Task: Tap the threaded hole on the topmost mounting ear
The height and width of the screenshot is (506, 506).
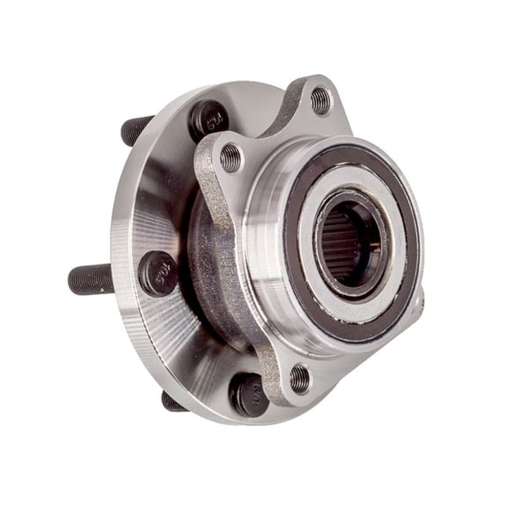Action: (321, 100)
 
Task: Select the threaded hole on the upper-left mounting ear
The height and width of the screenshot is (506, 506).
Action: (230, 158)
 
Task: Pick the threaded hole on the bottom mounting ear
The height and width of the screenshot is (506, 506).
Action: (300, 378)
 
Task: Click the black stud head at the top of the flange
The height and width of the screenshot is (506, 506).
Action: (209, 119)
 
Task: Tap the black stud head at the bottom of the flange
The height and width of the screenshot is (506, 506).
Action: (249, 394)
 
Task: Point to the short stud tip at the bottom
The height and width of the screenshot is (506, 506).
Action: (173, 402)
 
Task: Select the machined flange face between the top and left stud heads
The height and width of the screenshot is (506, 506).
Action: (167, 184)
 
